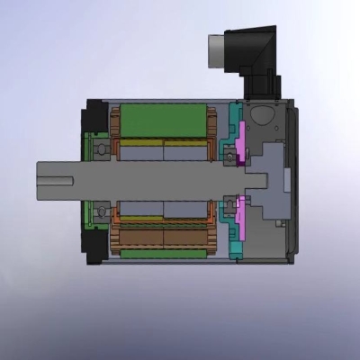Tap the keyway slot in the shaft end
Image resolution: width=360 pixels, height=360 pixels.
click(54, 178)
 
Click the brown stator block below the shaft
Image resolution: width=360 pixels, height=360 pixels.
click(162, 238)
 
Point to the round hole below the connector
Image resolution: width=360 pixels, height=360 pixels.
click(263, 115)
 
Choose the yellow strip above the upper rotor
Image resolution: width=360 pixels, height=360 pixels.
click(162, 142)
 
